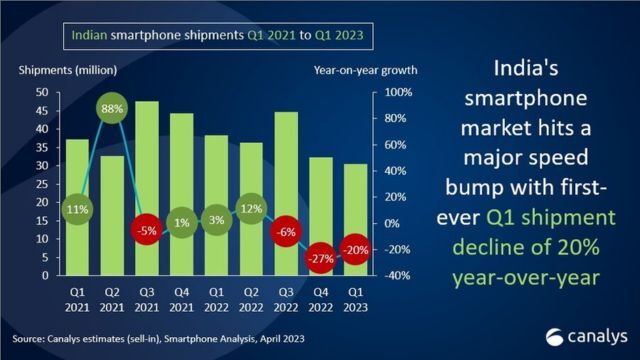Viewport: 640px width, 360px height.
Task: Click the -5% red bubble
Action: [149, 230]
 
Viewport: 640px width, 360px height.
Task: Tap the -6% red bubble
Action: [284, 231]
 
